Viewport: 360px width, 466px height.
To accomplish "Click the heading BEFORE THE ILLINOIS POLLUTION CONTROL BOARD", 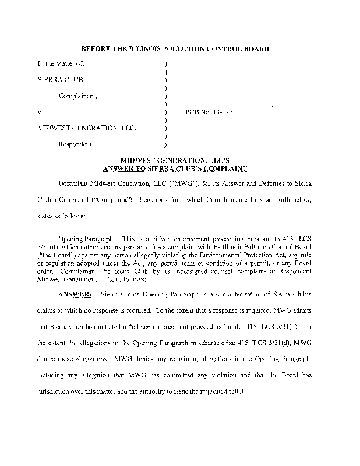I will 175,50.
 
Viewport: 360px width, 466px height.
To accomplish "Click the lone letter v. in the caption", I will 39,111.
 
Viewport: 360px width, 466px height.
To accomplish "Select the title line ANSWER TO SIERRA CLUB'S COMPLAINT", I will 175,169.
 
